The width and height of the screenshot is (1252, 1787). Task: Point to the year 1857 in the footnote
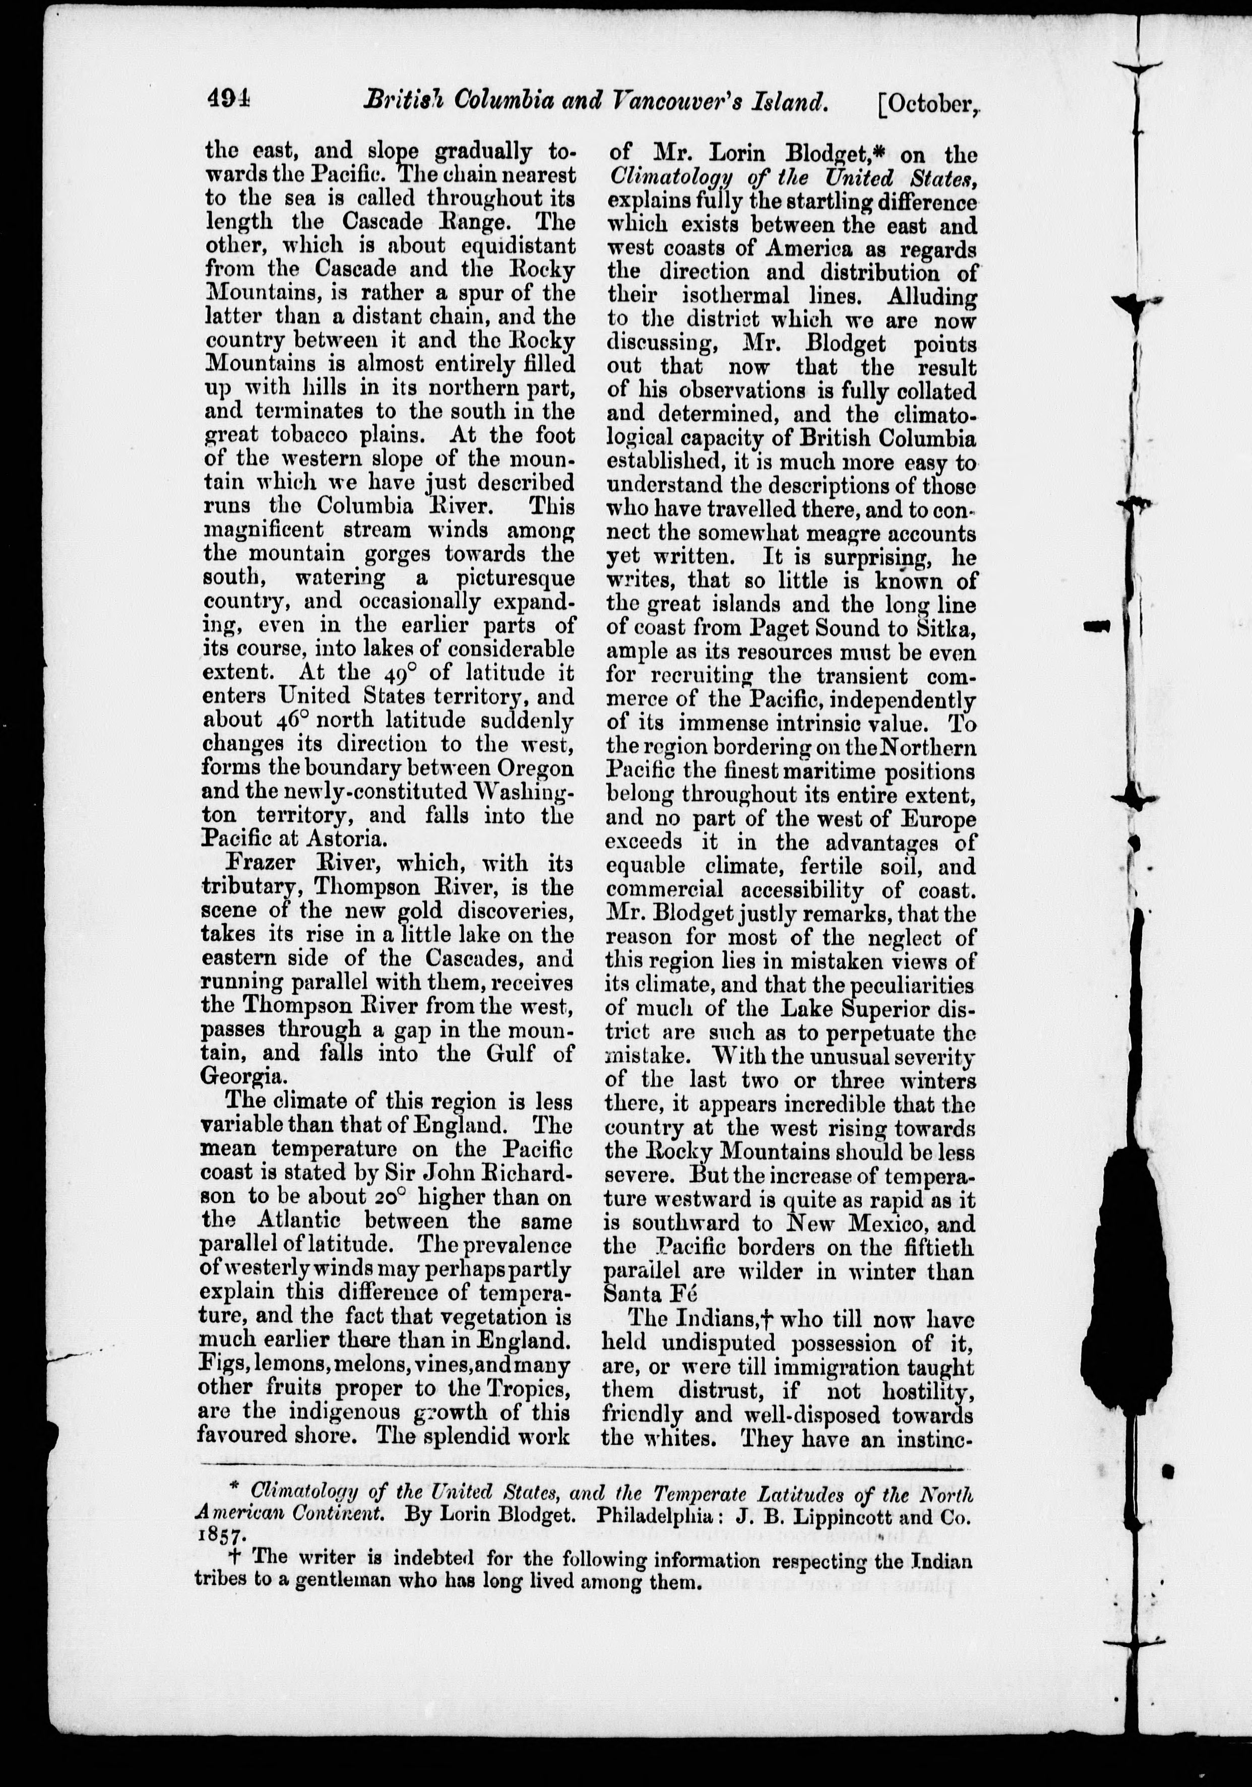[222, 1536]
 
